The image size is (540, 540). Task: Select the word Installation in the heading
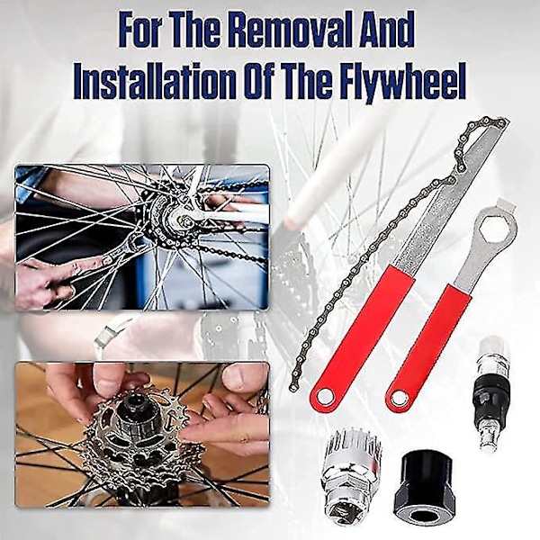[x=153, y=81]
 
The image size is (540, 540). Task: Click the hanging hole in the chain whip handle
[x=324, y=398]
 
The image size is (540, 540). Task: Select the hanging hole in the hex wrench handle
[x=399, y=399]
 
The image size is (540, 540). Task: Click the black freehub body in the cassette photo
[x=138, y=421]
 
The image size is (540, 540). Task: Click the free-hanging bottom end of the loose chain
[x=292, y=388]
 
